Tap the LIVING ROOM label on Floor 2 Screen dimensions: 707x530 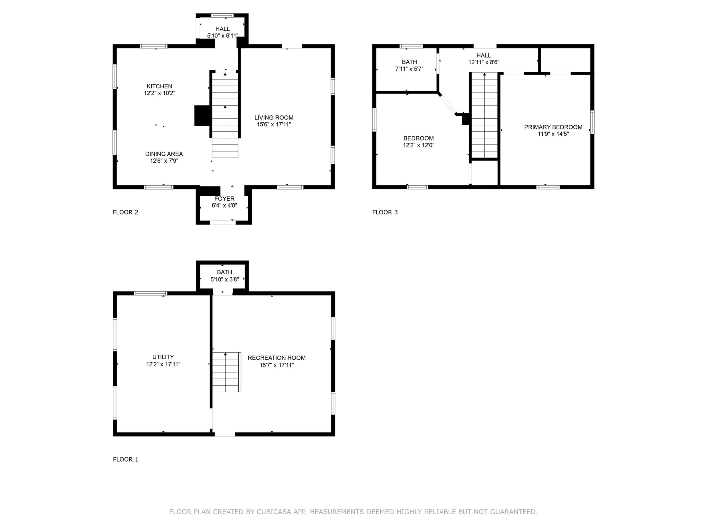tap(274, 118)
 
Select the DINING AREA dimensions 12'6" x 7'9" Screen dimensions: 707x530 tap(164, 161)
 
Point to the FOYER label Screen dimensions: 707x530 tap(224, 199)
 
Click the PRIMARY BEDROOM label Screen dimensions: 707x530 tap(553, 127)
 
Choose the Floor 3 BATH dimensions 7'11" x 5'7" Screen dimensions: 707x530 tap(410, 69)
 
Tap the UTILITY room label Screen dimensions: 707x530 tap(163, 357)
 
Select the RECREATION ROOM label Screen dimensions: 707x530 tap(276, 358)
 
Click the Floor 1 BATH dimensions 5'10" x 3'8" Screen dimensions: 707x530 tap(224, 279)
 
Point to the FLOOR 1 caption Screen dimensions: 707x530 tap(126, 459)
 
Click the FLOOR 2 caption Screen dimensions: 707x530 tap(126, 212)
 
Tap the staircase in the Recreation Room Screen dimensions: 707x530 tap(227, 372)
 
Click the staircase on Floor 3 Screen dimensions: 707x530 tap(485, 115)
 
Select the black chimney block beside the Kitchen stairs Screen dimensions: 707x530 tap(202, 116)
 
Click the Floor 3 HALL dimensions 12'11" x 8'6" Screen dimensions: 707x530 tap(484, 62)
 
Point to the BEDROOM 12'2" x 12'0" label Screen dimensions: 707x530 tap(418, 142)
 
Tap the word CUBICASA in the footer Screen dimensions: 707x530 tap(274, 512)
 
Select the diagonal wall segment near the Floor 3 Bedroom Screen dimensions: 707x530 tap(448, 104)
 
